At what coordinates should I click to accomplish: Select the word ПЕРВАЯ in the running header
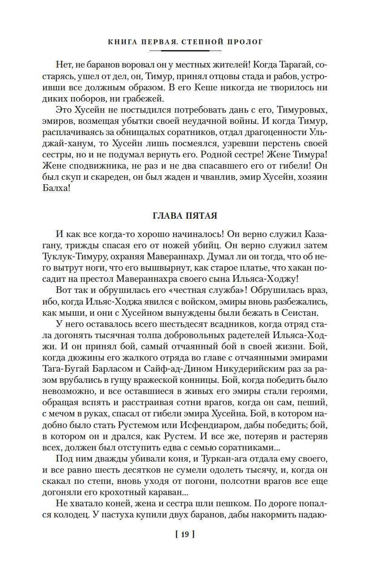pyautogui.click(x=155, y=42)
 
